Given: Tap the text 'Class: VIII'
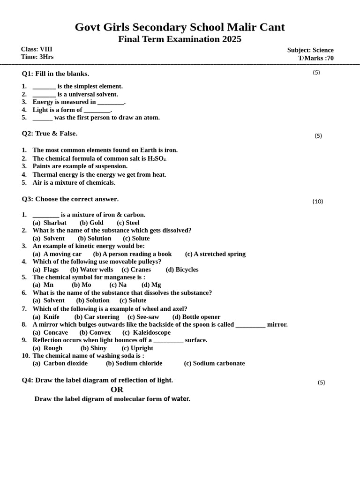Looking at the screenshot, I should point(37,49).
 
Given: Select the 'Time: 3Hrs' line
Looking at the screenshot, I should point(37,57).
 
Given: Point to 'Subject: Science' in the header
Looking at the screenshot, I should point(310,50).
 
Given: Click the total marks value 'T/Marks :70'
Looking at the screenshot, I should point(316,58).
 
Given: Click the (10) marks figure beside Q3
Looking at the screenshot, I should point(318,202).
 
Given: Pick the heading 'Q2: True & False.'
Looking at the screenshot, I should point(50,134).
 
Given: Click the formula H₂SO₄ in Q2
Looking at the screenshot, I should point(157,158).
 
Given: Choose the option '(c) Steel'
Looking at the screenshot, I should point(128,223).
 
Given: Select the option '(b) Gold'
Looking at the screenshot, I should point(91,223).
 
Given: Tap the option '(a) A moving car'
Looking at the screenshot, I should point(57,254).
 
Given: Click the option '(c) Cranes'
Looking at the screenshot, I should point(136,270).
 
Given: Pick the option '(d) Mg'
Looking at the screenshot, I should point(151,285).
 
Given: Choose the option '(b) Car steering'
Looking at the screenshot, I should point(97,317).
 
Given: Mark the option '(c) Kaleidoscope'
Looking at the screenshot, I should point(146,332).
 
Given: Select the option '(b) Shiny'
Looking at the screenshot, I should point(93,348).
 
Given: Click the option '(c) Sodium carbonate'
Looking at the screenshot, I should point(214,363).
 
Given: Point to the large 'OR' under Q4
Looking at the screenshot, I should point(117,390).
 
